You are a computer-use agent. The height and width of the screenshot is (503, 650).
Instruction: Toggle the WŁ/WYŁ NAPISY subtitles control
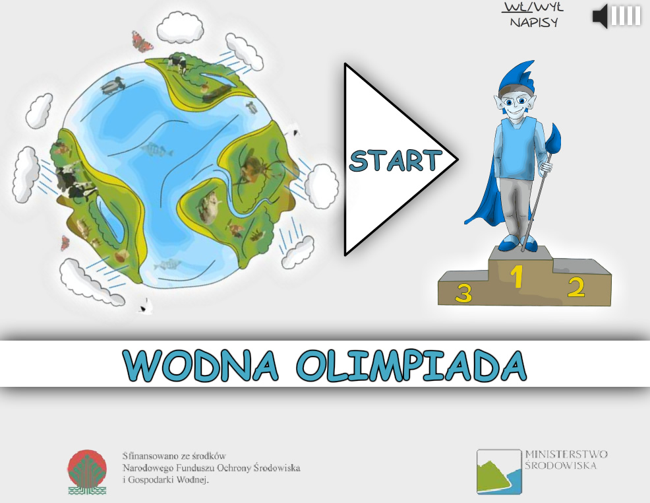coord(533,15)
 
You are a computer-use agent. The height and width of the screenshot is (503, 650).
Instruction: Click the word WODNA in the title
coord(200,366)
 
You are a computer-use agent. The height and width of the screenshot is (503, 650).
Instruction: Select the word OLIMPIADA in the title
coord(411,366)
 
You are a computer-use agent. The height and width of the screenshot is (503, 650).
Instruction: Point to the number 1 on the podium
coord(516,277)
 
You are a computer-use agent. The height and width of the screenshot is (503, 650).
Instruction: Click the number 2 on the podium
coord(576,287)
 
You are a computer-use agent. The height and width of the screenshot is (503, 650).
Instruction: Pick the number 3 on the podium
coord(463,292)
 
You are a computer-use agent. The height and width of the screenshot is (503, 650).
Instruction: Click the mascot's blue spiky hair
coord(518,78)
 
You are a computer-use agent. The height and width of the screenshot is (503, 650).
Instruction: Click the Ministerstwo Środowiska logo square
coord(498,472)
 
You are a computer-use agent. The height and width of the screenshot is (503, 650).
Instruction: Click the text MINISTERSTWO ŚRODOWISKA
coord(566,460)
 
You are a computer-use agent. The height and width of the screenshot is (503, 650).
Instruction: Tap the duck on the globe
coord(112,86)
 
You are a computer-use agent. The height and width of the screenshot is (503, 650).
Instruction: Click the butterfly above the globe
coord(142,41)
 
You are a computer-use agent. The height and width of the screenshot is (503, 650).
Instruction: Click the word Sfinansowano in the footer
coord(146,455)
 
